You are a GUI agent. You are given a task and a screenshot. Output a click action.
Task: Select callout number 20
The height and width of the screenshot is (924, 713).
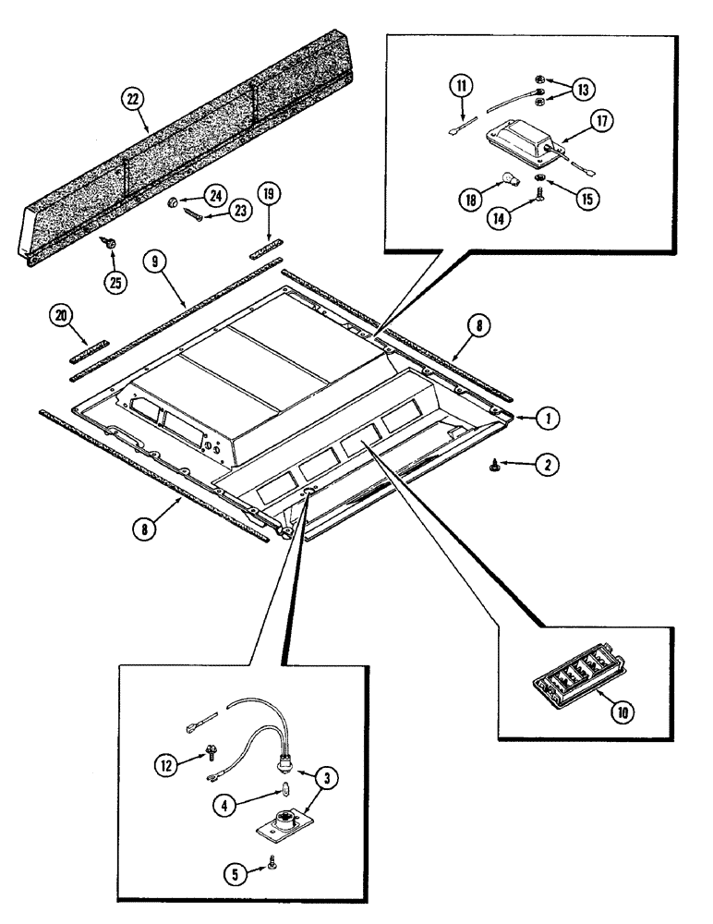pyautogui.click(x=60, y=316)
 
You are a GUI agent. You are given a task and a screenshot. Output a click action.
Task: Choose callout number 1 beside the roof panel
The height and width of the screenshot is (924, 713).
pyautogui.click(x=548, y=418)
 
